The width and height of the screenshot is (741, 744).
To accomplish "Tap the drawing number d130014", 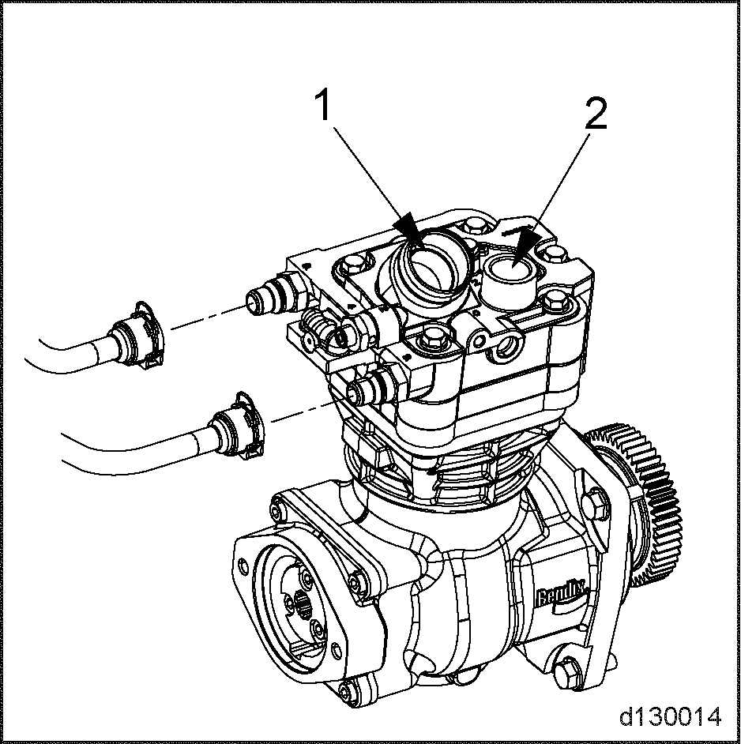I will click(x=670, y=716).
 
